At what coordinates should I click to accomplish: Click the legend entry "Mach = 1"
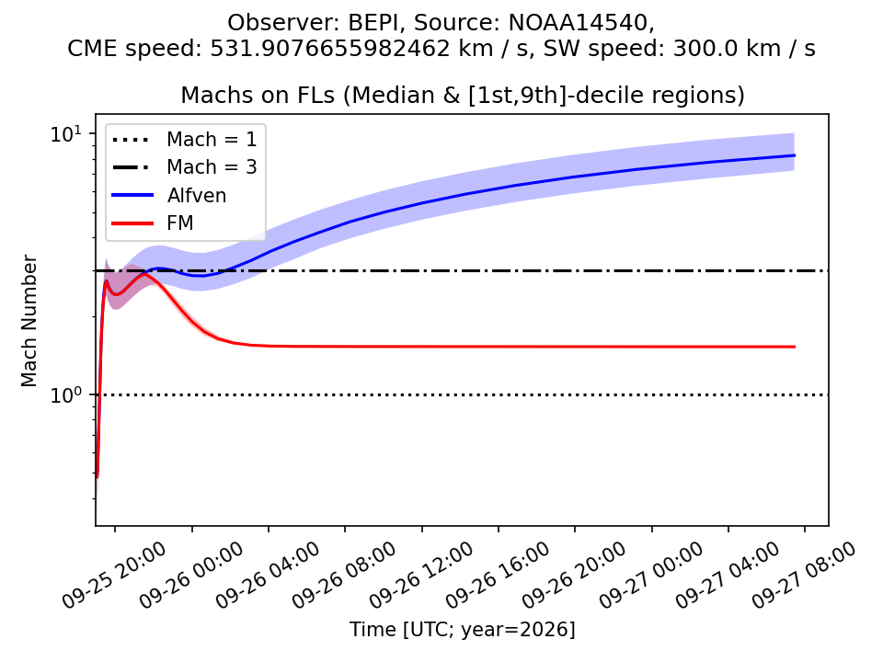click(x=184, y=139)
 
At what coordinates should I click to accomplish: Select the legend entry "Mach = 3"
click(x=184, y=167)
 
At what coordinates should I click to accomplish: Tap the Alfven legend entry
click(x=169, y=195)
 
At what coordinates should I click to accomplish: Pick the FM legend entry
click(x=153, y=223)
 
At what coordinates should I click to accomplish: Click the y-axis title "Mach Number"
click(x=29, y=321)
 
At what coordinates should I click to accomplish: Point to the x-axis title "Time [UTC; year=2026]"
click(x=463, y=629)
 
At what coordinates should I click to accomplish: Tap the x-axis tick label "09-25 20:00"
click(x=114, y=576)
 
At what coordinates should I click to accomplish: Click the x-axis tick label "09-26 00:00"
click(x=191, y=576)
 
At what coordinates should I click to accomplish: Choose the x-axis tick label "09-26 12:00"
click(x=421, y=576)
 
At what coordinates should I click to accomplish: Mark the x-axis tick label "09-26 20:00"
click(x=574, y=576)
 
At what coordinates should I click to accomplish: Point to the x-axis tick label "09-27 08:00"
click(x=804, y=576)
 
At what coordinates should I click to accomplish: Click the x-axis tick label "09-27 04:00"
click(x=728, y=576)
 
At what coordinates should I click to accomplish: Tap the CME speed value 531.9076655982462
click(x=330, y=49)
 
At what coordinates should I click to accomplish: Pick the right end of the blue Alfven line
click(x=795, y=155)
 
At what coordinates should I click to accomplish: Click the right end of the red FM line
click(x=795, y=347)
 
